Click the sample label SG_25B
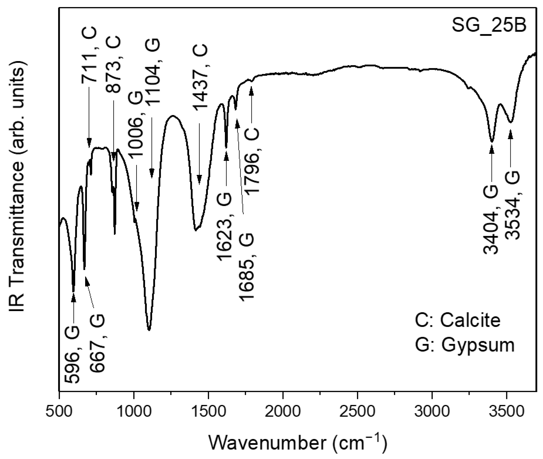point(489,26)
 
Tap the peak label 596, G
point(72,354)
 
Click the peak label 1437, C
point(200,77)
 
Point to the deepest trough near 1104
point(149,329)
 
